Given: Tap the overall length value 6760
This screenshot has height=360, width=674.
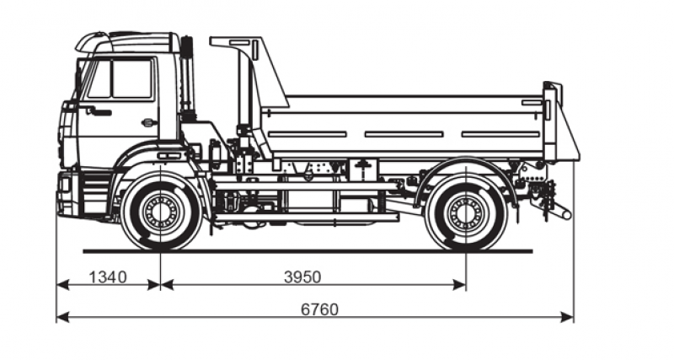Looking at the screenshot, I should [x=319, y=309].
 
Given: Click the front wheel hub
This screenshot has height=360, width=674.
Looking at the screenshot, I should [x=160, y=211].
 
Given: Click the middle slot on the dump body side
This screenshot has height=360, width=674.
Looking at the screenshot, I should [x=404, y=134].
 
